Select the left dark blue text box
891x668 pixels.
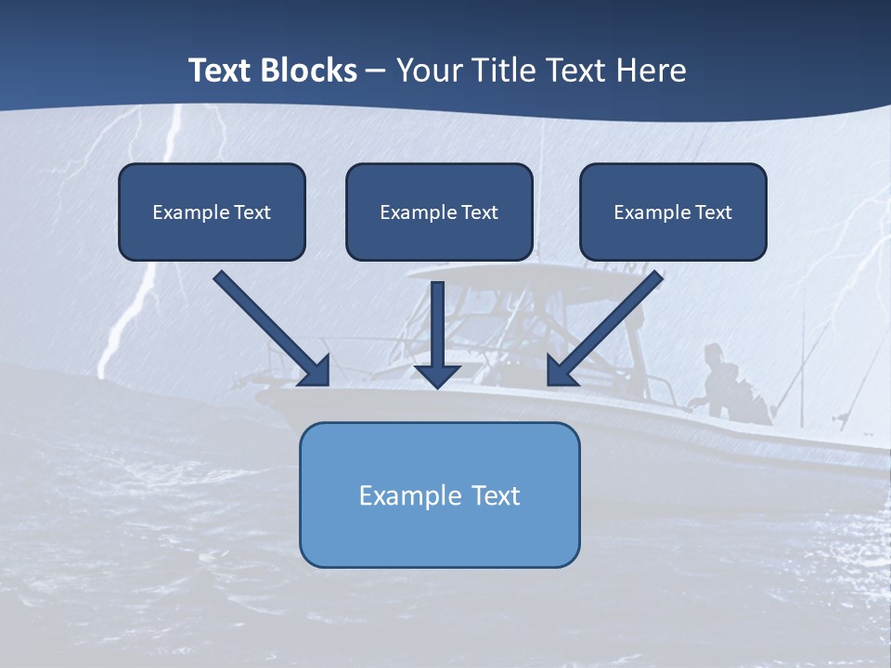[212, 212]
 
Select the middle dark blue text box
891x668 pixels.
[439, 212]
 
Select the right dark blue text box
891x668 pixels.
[673, 212]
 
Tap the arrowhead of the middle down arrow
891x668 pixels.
[437, 375]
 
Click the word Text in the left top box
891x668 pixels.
[252, 212]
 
